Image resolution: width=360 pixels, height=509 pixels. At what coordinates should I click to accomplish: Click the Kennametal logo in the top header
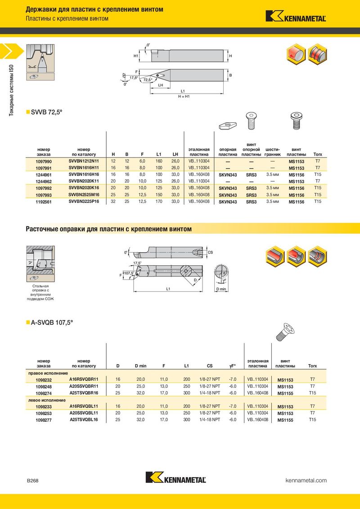coord(296,16)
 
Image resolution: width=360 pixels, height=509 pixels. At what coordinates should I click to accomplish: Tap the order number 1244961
coord(44,175)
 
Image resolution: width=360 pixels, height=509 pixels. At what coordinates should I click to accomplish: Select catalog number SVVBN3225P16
coord(84,201)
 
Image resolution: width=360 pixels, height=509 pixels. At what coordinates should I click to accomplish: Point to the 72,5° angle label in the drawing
coord(148,80)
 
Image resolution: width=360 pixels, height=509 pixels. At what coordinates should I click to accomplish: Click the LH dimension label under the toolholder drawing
coord(161,85)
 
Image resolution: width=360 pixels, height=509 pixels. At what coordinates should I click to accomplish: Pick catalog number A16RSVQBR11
coord(84,379)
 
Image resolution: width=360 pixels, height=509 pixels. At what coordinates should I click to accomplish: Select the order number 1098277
coord(44,420)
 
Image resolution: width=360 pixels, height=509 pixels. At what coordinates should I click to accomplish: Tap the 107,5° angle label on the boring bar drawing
coord(129,273)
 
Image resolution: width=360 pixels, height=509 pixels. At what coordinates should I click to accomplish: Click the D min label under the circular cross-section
coord(221,289)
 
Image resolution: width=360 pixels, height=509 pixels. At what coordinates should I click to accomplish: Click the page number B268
coord(32,481)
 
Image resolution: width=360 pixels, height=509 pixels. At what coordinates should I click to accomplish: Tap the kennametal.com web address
coord(306,480)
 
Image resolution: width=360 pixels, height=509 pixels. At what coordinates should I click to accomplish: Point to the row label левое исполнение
coord(46,400)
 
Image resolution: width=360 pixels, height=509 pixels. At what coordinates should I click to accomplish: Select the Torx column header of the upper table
coord(318,155)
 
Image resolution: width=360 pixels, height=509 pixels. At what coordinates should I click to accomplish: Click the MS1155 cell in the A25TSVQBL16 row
coord(285,420)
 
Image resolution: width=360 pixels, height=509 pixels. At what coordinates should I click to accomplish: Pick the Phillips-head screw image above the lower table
coord(285,332)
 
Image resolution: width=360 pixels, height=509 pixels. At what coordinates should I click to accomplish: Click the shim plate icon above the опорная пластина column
coord(228,125)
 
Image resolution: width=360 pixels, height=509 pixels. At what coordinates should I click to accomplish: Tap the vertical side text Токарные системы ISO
coord(11,90)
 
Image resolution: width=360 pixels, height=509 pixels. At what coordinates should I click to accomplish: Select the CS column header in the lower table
coord(210,366)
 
